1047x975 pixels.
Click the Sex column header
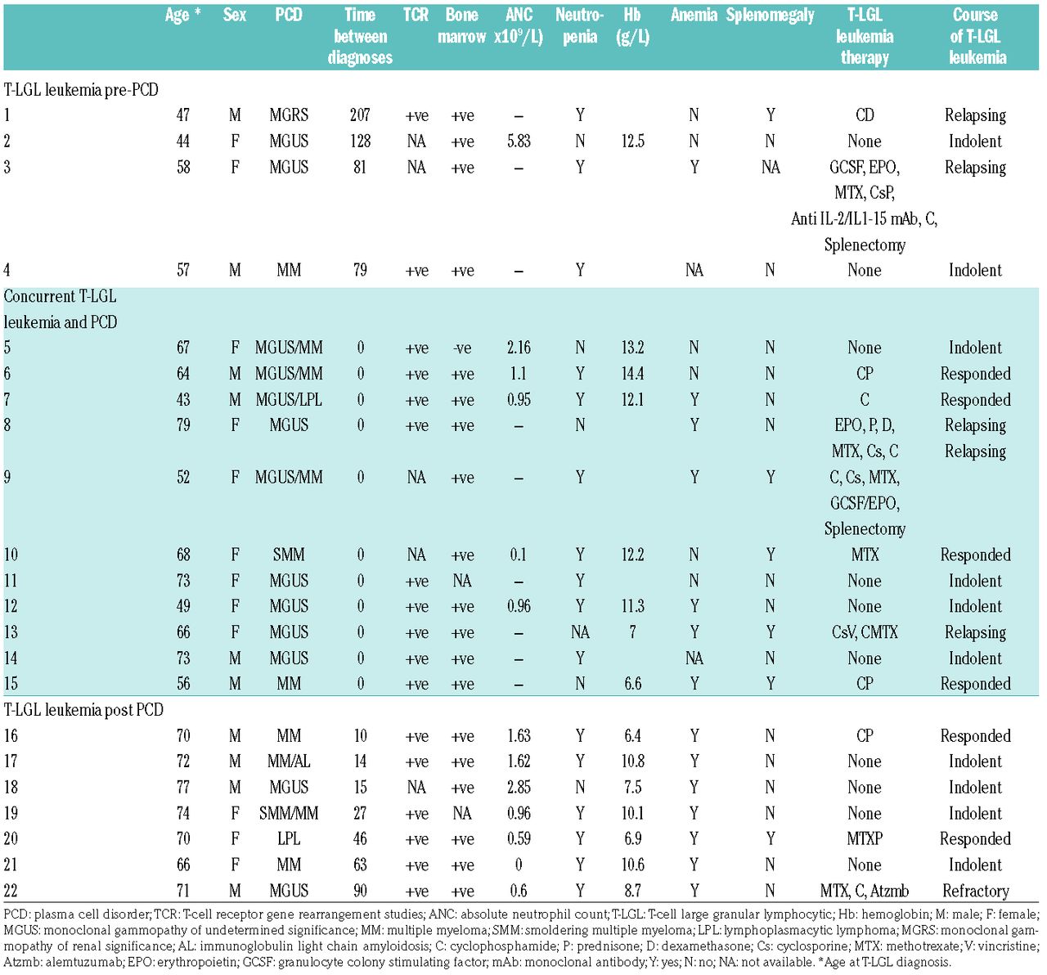pos(234,16)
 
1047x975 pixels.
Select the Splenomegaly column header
pos(770,16)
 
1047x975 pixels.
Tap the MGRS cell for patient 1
pos(289,115)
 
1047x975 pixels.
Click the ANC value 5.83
pos(519,142)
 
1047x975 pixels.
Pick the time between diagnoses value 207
pos(360,115)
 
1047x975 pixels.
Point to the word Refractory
pos(975,891)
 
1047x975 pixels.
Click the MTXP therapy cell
pos(865,839)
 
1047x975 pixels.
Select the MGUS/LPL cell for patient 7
pos(289,400)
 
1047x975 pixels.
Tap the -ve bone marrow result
pos(462,348)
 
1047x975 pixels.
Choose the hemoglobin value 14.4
pos(632,374)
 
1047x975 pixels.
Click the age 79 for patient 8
pos(183,425)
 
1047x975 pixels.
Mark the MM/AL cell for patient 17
pos(289,762)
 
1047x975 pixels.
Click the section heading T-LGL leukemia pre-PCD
pos(81,90)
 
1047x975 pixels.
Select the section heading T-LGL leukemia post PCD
pos(83,710)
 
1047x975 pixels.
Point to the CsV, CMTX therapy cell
pos(865,632)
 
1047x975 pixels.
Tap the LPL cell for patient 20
pos(289,839)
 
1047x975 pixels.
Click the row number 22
pos(11,891)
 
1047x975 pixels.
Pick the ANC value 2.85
pos(519,788)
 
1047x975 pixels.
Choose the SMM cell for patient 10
pos(289,555)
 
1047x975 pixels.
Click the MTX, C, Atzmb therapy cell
pos(865,891)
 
